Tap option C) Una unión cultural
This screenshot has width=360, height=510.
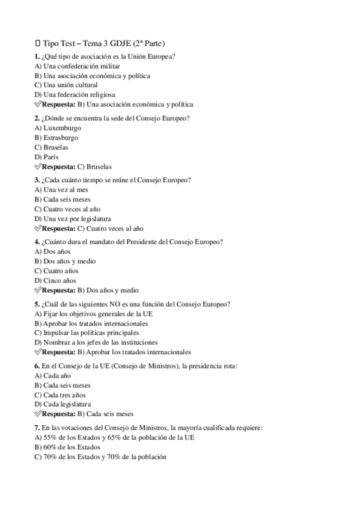(x=66, y=85)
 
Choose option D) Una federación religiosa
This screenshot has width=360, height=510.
(x=75, y=95)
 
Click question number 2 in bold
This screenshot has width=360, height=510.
(x=37, y=118)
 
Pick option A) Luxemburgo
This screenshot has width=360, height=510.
(x=58, y=128)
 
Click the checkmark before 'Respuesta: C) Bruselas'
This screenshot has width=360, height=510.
(x=38, y=167)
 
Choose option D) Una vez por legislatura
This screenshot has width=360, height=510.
(x=73, y=219)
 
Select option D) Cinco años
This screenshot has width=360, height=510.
(x=56, y=281)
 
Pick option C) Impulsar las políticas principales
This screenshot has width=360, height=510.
(x=87, y=333)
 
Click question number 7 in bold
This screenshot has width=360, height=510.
(x=37, y=428)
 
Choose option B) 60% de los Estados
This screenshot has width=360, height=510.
(x=67, y=447)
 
